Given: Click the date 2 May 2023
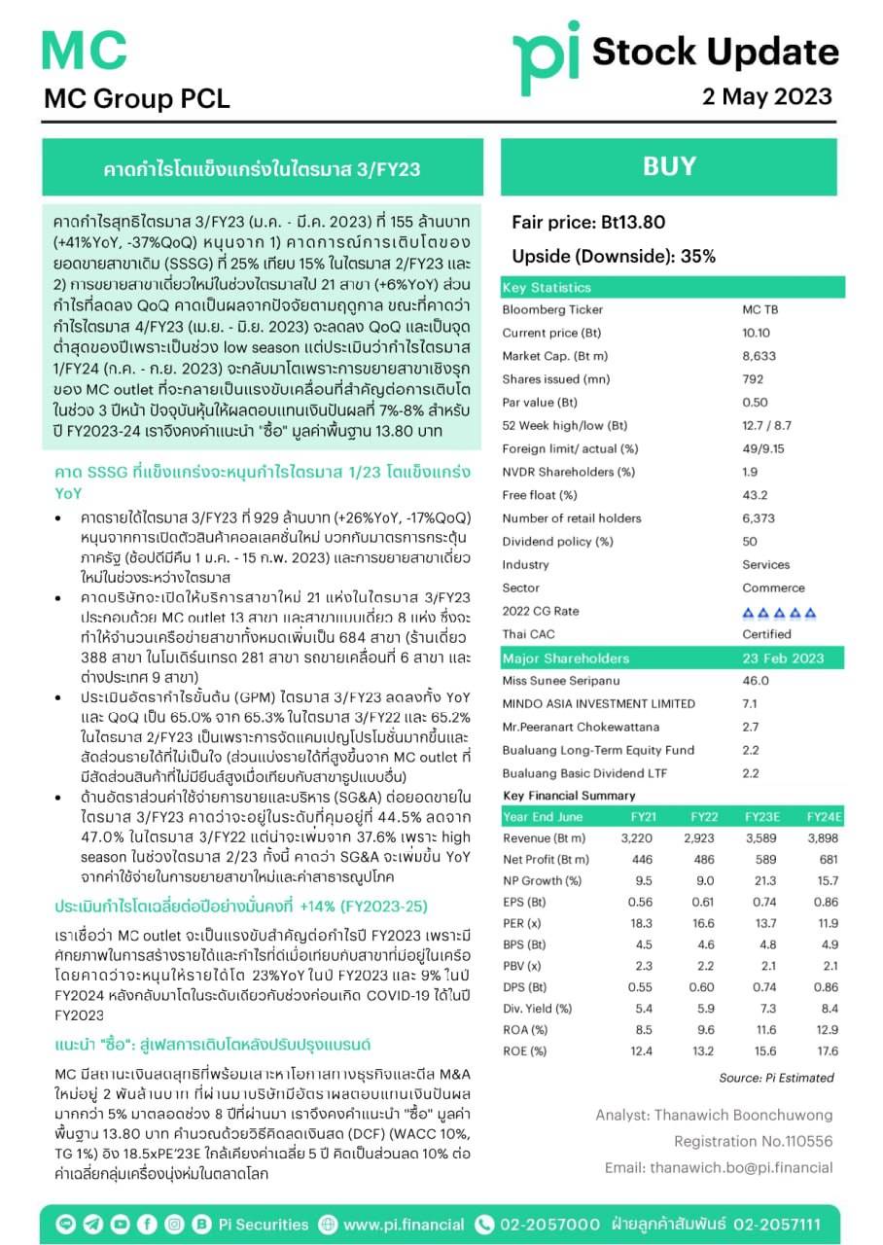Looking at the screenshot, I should coord(768,96).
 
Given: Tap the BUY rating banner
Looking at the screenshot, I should coord(669,166).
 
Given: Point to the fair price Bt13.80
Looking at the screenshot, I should coord(588,223).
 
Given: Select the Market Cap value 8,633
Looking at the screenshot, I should coord(759,356).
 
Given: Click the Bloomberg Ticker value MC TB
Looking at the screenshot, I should coord(759,309).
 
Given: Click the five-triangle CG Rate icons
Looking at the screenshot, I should coord(779,612).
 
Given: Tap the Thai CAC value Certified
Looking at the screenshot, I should coord(766,634).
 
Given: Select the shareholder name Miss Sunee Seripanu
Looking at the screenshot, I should coord(560,681).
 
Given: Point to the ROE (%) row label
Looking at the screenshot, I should coord(526,1050).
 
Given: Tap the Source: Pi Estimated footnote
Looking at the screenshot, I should coord(776,1078).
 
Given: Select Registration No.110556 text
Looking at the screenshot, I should coord(754,1141).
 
